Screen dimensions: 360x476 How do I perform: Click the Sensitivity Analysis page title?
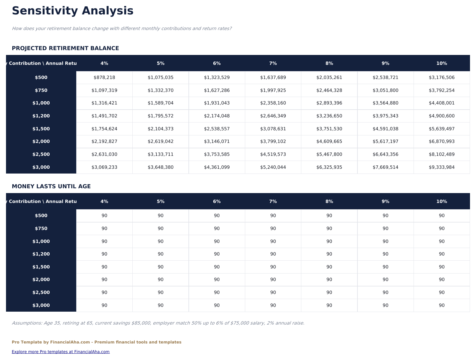click(x=73, y=11)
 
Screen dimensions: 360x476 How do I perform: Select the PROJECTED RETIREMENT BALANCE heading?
click(x=65, y=48)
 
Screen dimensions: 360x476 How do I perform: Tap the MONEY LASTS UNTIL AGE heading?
click(x=51, y=186)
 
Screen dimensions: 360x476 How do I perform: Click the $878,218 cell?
click(x=104, y=77)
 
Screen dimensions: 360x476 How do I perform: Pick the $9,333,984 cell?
click(x=441, y=167)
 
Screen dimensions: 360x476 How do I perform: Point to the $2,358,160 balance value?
click(x=273, y=103)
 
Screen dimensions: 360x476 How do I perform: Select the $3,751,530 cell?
click(x=329, y=129)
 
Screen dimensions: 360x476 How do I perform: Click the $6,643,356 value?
click(x=385, y=154)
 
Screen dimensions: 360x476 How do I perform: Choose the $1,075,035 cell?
click(x=161, y=77)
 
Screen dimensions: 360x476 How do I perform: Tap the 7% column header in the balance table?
click(x=273, y=63)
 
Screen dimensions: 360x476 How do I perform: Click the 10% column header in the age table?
click(x=441, y=201)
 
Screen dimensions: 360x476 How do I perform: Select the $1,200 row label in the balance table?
click(x=41, y=116)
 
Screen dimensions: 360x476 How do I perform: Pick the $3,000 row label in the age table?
click(x=41, y=305)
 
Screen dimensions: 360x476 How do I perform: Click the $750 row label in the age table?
click(x=41, y=228)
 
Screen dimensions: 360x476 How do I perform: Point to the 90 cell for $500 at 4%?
click(x=104, y=216)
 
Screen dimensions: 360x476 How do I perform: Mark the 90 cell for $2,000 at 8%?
click(x=329, y=280)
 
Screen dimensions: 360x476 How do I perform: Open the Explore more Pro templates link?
click(x=61, y=352)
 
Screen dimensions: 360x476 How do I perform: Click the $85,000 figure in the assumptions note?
click(x=141, y=323)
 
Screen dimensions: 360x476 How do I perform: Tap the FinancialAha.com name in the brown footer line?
click(x=70, y=342)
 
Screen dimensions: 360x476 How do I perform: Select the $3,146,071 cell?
click(x=217, y=141)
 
